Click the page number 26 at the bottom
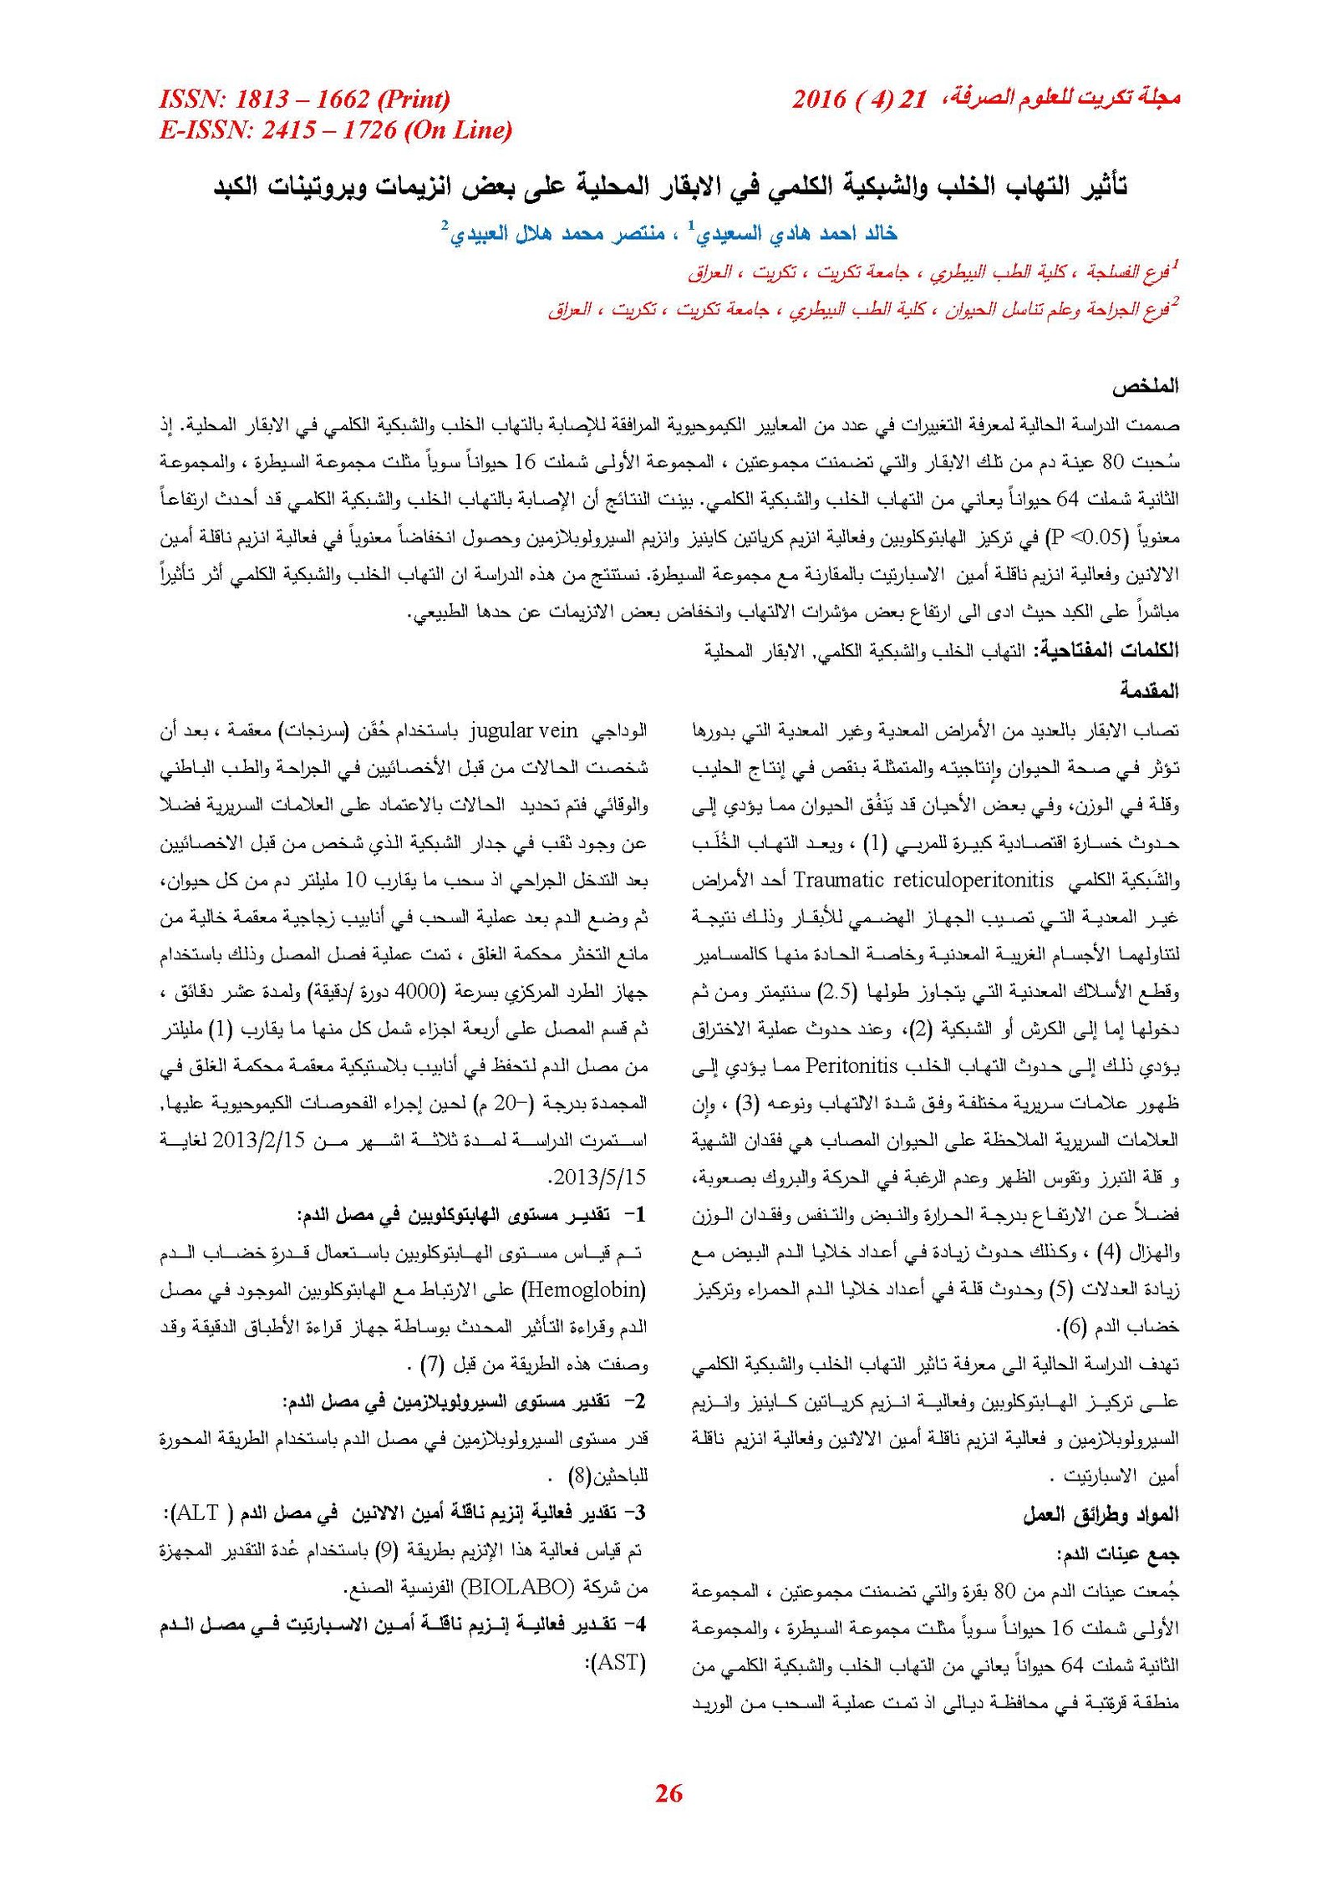pos(668,1792)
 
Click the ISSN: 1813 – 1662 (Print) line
pos(304,99)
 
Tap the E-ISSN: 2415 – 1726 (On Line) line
pos(335,130)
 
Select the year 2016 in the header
pos(818,99)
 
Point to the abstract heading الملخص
pos(1145,387)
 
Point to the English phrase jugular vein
pos(524,731)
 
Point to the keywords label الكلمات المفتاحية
pos(1106,650)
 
